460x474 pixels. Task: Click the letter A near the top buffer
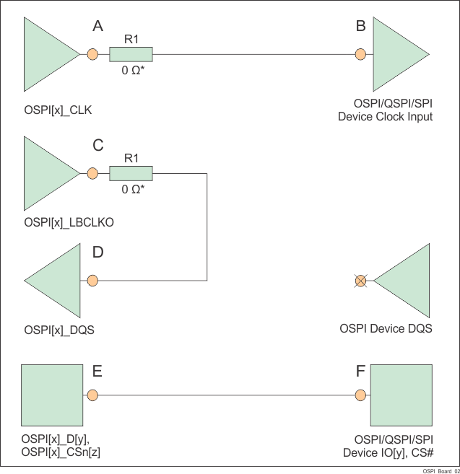click(98, 26)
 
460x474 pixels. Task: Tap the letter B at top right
click(360, 26)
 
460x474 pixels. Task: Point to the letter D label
click(98, 253)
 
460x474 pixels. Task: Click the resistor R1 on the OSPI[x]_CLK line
click(131, 54)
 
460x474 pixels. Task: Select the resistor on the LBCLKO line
click(131, 173)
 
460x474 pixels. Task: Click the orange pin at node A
click(92, 54)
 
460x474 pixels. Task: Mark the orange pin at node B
click(360, 54)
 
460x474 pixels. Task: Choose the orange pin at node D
click(92, 281)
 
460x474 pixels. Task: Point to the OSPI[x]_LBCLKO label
click(69, 223)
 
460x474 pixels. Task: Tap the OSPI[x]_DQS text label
click(60, 330)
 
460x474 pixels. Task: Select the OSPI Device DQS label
click(386, 329)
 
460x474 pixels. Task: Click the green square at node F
click(399, 395)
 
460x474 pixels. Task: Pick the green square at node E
click(50, 395)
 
